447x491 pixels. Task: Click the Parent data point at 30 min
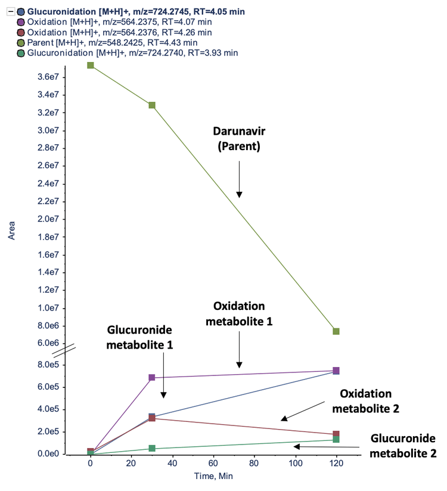pos(152,105)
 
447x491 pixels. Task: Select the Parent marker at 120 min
pos(336,331)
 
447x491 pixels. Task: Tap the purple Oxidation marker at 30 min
pos(152,378)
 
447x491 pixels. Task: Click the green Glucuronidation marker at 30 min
pos(152,448)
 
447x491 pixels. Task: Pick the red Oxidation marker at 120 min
pos(336,434)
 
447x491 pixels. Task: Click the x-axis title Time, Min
pos(213,477)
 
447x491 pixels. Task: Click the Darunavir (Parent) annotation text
pos(239,138)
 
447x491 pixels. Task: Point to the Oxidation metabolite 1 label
pos(239,313)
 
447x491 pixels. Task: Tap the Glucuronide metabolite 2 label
pos(403,445)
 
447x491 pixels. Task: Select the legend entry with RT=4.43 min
pos(116,42)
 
